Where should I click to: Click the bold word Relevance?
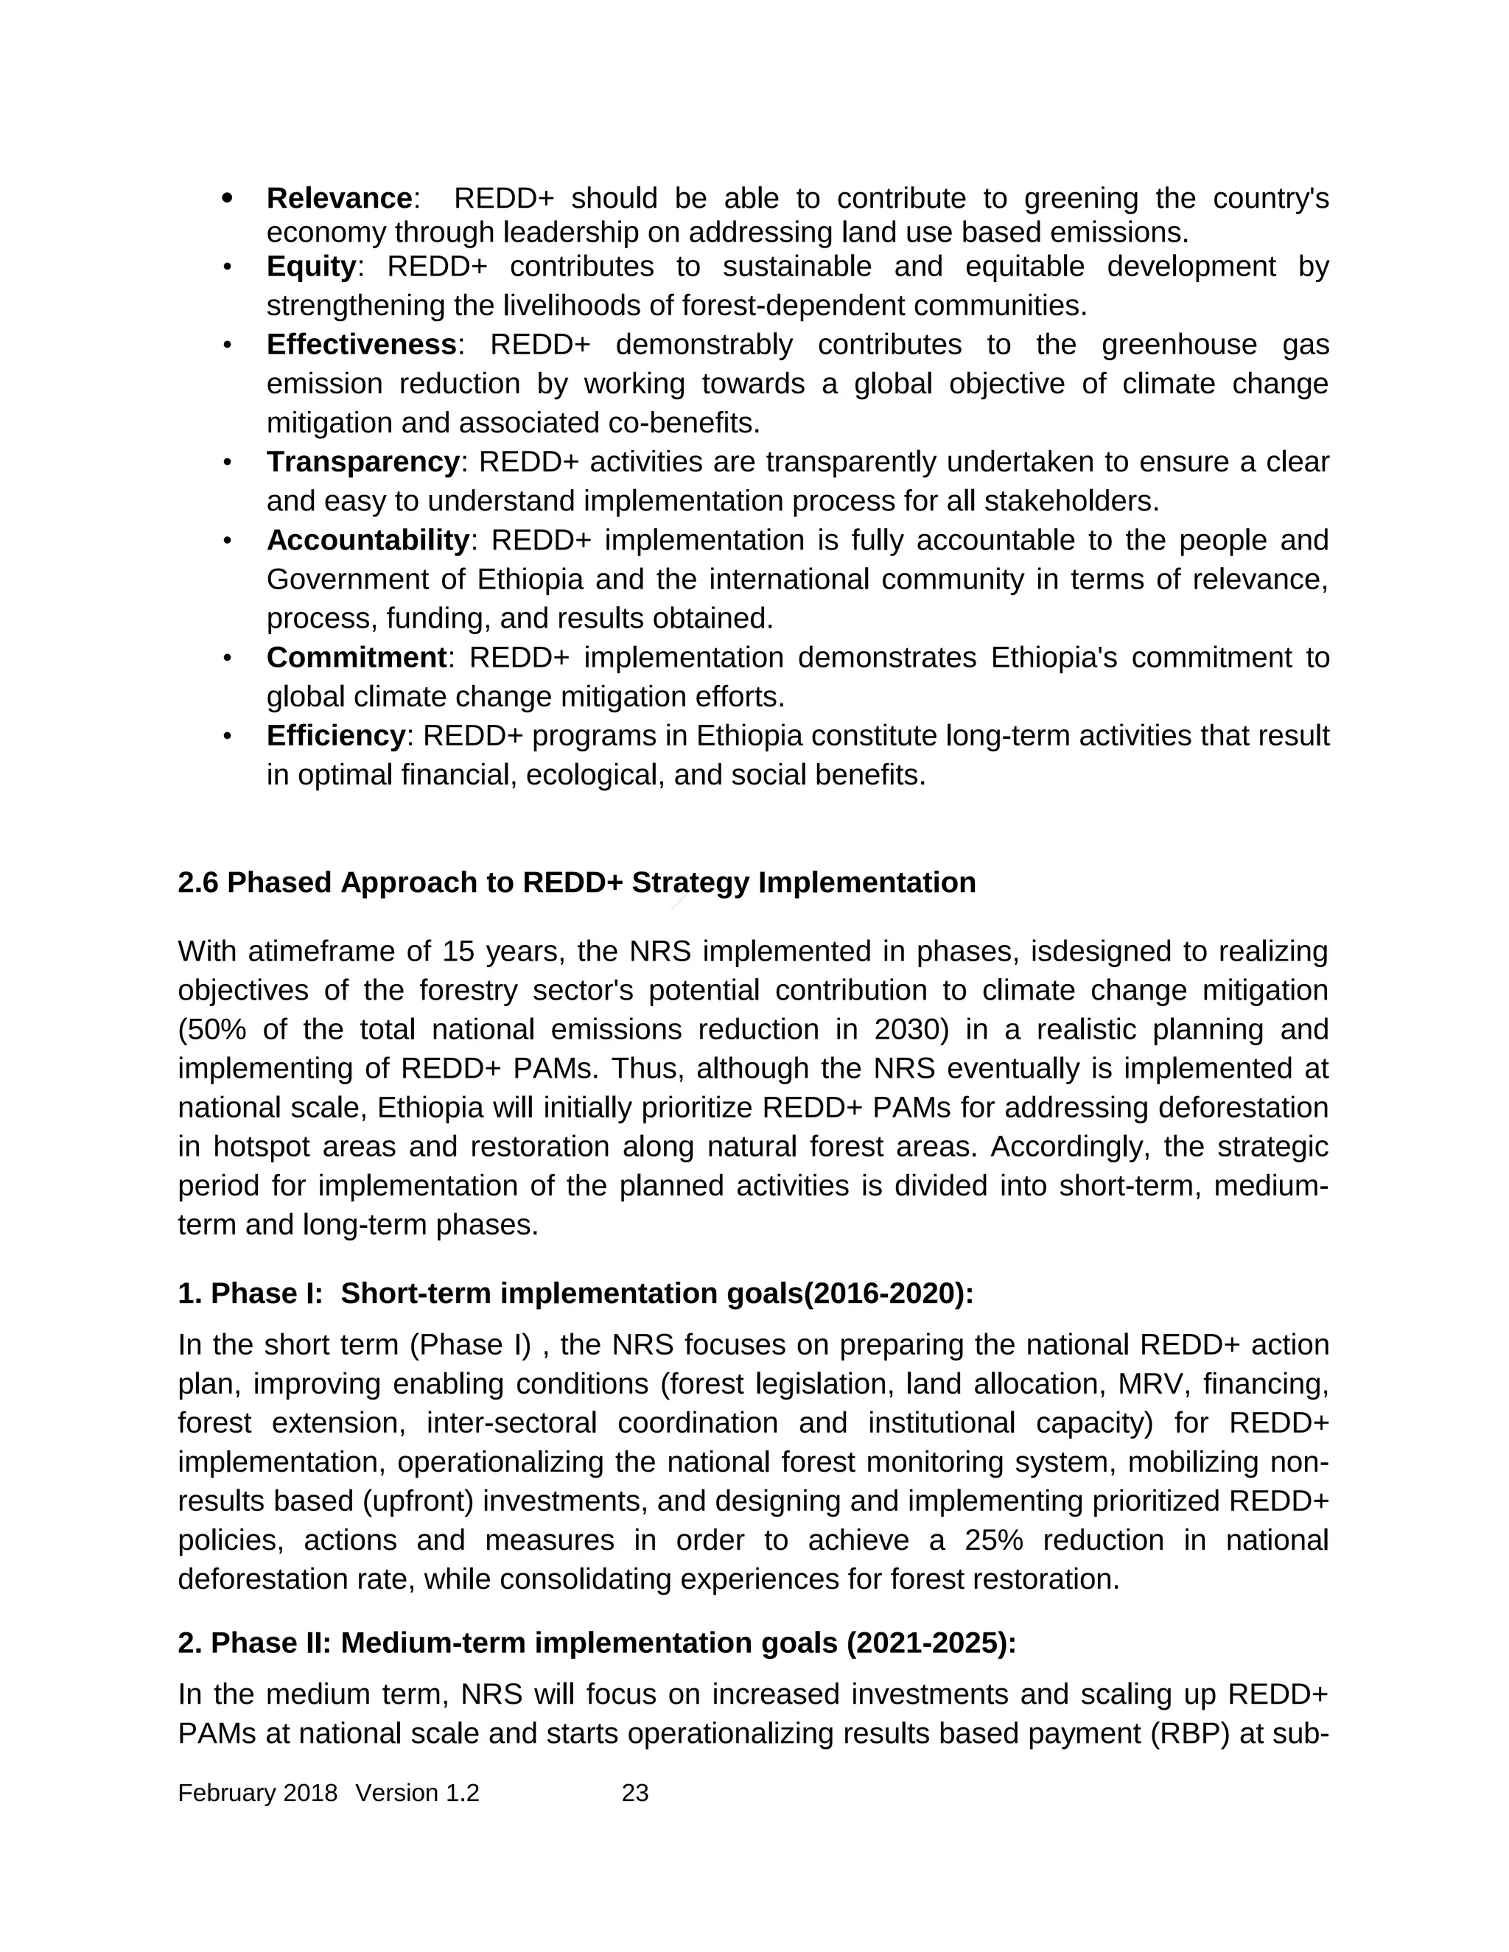339,197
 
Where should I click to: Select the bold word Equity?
310,267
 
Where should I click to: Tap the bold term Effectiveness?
361,344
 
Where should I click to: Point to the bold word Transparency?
362,462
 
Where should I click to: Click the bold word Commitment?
356,657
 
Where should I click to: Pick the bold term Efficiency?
335,736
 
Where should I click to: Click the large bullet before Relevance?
227,197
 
